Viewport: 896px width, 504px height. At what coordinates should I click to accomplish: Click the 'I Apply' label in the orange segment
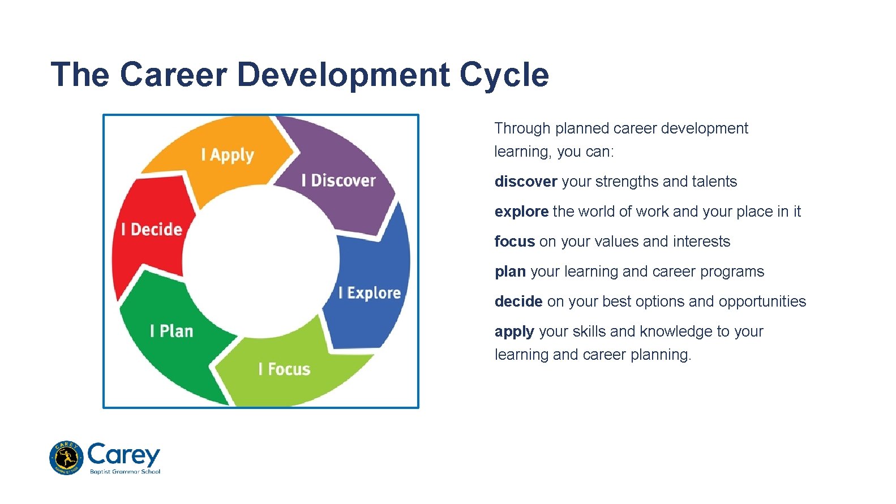click(x=228, y=155)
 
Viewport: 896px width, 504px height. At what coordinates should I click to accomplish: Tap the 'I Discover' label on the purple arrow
click(x=338, y=180)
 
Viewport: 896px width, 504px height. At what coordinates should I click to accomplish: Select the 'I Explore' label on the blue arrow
click(x=370, y=292)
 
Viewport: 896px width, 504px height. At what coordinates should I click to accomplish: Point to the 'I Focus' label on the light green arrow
click(x=284, y=369)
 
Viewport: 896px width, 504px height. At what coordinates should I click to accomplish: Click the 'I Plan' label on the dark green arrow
click(x=172, y=331)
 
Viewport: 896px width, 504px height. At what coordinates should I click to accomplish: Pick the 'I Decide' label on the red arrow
click(x=152, y=229)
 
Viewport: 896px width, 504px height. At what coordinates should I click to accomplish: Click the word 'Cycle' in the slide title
click(x=504, y=75)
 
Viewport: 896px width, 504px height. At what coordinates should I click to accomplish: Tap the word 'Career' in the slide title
click(x=173, y=75)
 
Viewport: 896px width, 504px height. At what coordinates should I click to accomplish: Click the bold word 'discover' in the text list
click(x=526, y=182)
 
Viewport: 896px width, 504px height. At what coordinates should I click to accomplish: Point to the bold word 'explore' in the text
click(x=521, y=212)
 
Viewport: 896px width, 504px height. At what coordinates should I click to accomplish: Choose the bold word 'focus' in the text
click(x=515, y=242)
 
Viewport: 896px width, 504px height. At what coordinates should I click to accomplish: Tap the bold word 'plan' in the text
click(x=510, y=272)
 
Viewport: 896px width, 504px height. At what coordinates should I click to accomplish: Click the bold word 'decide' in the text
click(x=518, y=301)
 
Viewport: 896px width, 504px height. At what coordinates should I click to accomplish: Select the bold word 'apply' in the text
click(x=515, y=332)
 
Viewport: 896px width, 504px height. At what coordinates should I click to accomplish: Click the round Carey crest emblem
click(x=66, y=458)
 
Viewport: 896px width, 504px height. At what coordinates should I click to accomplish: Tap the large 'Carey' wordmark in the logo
click(x=124, y=454)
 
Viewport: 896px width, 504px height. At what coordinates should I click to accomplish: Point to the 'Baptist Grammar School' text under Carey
click(x=125, y=472)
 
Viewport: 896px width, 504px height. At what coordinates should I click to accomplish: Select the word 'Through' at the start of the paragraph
click(x=522, y=128)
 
